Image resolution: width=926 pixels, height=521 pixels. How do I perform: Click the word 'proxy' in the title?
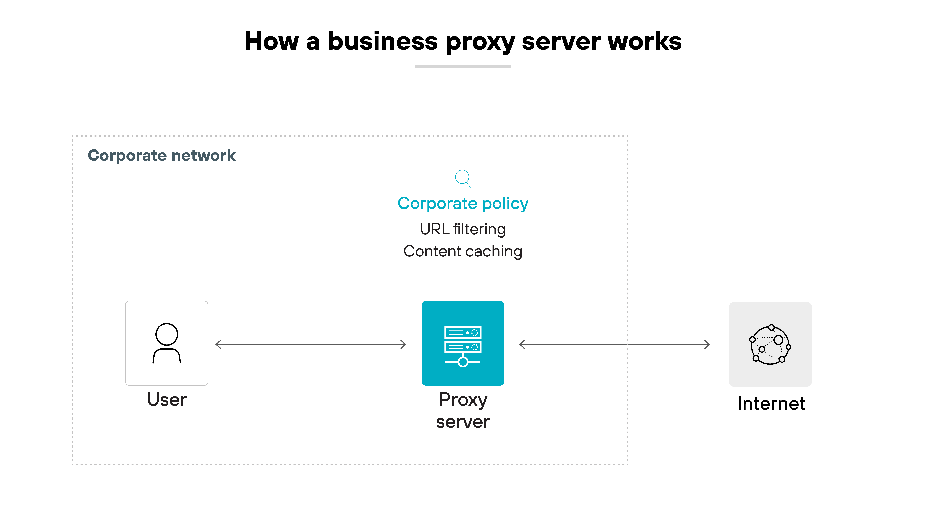point(480,42)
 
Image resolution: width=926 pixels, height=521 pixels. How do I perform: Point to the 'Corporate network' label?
point(161,155)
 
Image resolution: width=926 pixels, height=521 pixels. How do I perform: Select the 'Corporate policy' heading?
point(463,204)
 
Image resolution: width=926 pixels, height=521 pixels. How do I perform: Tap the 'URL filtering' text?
point(463,229)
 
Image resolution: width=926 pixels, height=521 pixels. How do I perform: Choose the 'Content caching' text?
point(463,251)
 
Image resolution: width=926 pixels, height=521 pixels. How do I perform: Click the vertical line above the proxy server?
point(463,283)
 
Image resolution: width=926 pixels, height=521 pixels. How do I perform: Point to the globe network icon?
point(770,344)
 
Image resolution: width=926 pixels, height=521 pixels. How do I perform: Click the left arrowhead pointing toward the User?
point(218,344)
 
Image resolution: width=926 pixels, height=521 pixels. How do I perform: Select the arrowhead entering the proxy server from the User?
point(403,344)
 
